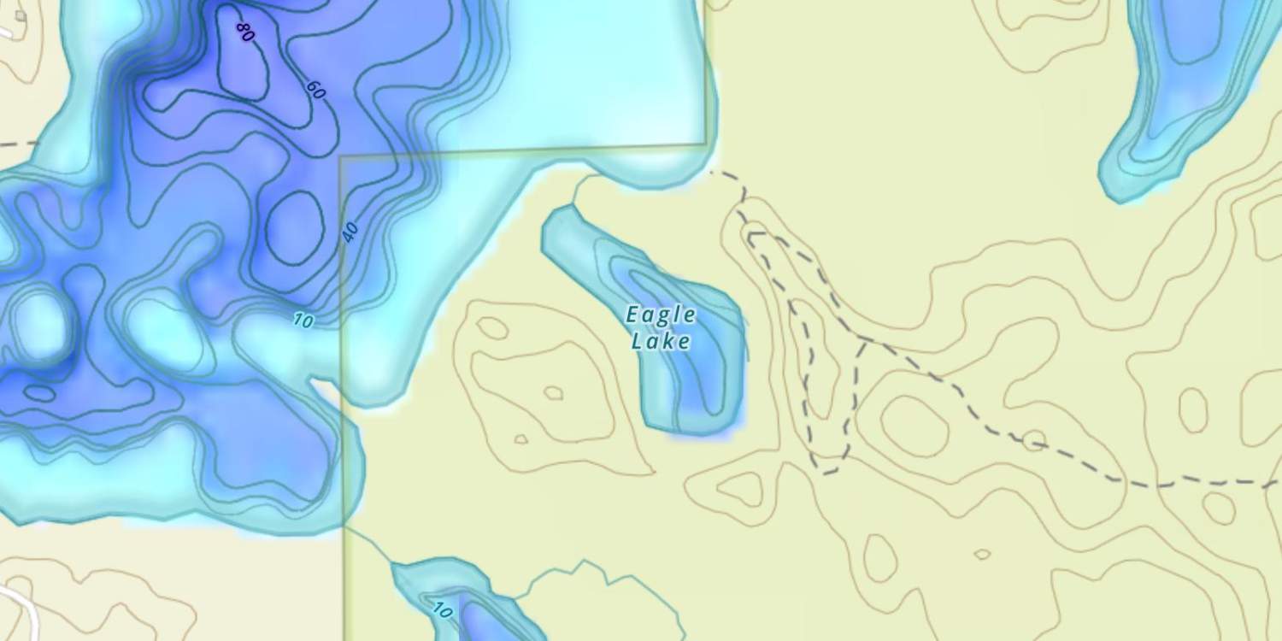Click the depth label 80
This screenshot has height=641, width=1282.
click(x=245, y=32)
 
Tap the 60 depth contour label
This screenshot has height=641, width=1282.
click(x=315, y=89)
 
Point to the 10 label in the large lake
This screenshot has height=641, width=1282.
click(x=303, y=320)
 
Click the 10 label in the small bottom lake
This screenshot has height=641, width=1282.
click(x=441, y=610)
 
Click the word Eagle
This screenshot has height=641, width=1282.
click(x=661, y=315)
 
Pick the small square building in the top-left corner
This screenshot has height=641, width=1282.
click(x=21, y=15)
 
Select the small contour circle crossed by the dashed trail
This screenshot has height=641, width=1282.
click(x=1034, y=441)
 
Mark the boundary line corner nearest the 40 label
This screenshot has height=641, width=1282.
click(x=341, y=157)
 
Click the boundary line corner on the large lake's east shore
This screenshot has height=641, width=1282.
click(x=706, y=143)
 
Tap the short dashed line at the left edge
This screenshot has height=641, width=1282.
click(x=17, y=144)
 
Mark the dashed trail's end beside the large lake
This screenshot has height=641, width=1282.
click(x=713, y=173)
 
